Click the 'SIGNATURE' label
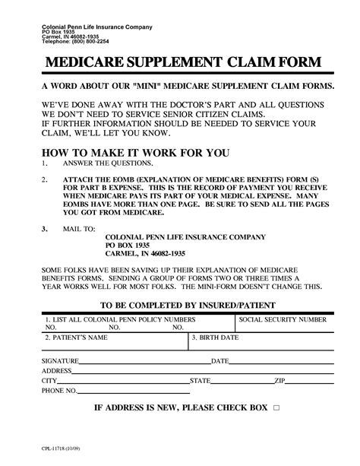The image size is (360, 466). coord(61,360)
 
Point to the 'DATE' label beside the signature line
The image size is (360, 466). coord(220,360)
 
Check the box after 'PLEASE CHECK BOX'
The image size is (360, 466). coord(276,408)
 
